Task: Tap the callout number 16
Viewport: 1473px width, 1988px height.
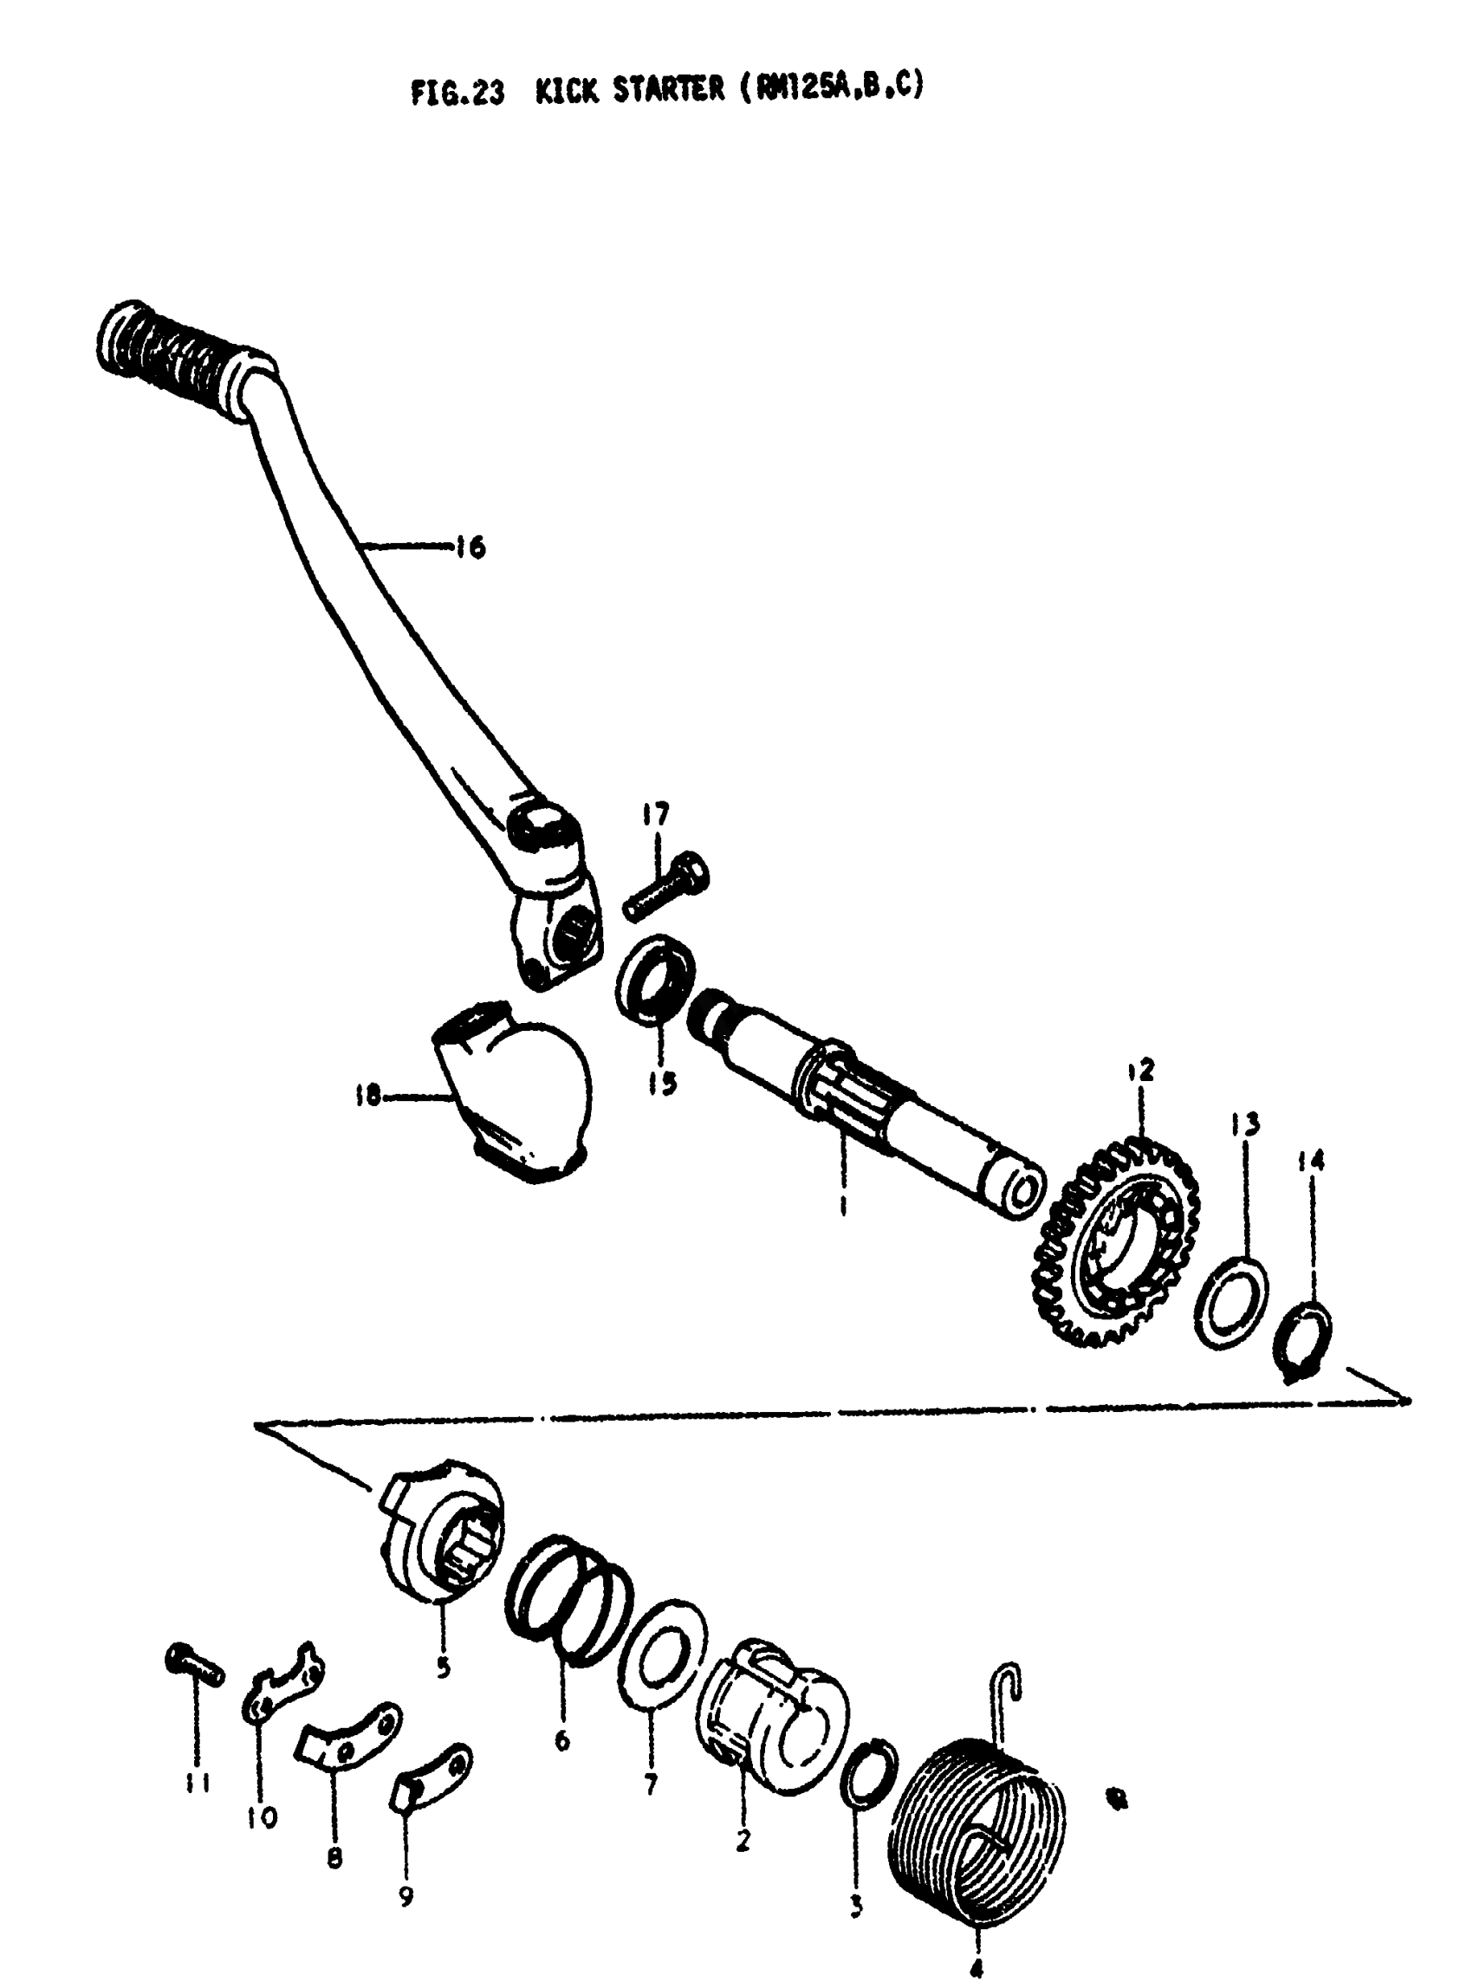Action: (x=470, y=547)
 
